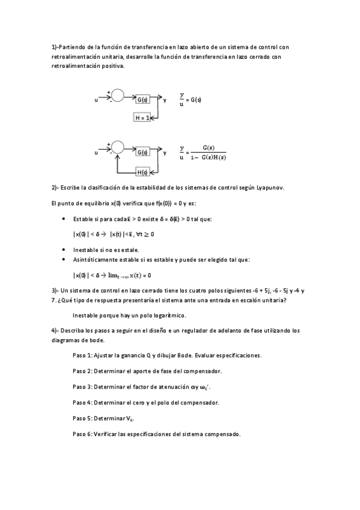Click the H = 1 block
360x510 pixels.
point(142,118)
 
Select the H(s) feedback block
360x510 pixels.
point(142,172)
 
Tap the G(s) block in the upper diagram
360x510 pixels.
point(142,99)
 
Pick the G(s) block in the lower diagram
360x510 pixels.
point(142,153)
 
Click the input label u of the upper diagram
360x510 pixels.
point(96,100)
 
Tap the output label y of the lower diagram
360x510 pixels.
point(165,153)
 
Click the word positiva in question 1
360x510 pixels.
point(114,66)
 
